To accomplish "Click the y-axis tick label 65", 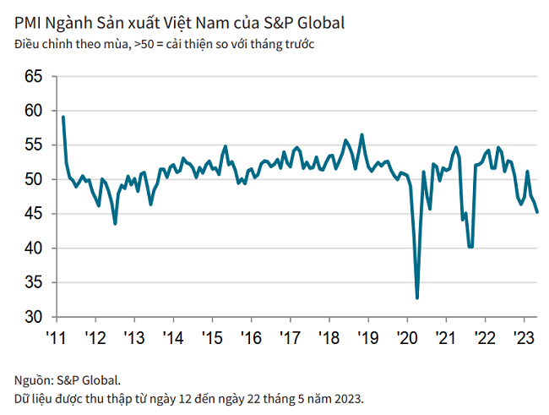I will (33, 76).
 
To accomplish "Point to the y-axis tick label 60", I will (33, 111).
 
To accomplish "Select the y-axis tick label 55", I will (33, 145).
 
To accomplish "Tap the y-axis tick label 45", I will (33, 214).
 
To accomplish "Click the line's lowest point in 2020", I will (417, 298).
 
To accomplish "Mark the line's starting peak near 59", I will (63, 117).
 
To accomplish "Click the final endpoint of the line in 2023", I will (539, 211).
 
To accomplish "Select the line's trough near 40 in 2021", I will (470, 247).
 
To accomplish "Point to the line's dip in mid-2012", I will (115, 223).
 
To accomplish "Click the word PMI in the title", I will (27, 19).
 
